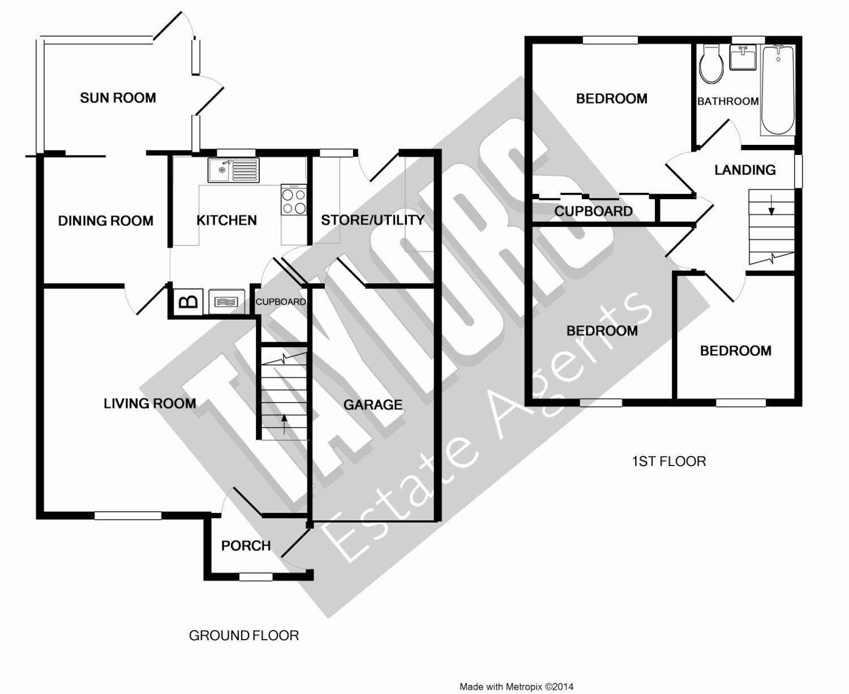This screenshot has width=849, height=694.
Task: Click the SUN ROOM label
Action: (x=118, y=98)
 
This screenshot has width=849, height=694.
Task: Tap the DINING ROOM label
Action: (x=106, y=221)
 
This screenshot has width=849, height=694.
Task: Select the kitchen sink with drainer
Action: (x=233, y=170)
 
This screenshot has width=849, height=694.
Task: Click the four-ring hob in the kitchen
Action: (x=294, y=200)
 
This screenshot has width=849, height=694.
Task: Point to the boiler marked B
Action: (x=188, y=301)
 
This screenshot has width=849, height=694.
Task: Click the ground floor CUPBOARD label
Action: (x=280, y=302)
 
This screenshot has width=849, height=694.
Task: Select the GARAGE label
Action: (x=373, y=405)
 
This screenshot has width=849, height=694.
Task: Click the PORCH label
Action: (x=246, y=546)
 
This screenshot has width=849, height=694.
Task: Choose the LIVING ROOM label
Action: (x=149, y=403)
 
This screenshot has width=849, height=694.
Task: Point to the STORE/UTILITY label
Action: (x=372, y=220)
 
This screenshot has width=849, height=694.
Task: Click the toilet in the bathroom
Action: (x=711, y=64)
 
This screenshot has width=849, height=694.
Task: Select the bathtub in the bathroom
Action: (x=778, y=90)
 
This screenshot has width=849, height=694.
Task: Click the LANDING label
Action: (x=745, y=170)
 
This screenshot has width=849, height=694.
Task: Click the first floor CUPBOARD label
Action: (x=593, y=212)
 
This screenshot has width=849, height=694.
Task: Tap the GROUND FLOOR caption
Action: (x=244, y=636)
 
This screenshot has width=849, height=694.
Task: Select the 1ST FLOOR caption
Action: (x=669, y=462)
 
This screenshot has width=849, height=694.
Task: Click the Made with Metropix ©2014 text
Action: (x=516, y=687)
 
